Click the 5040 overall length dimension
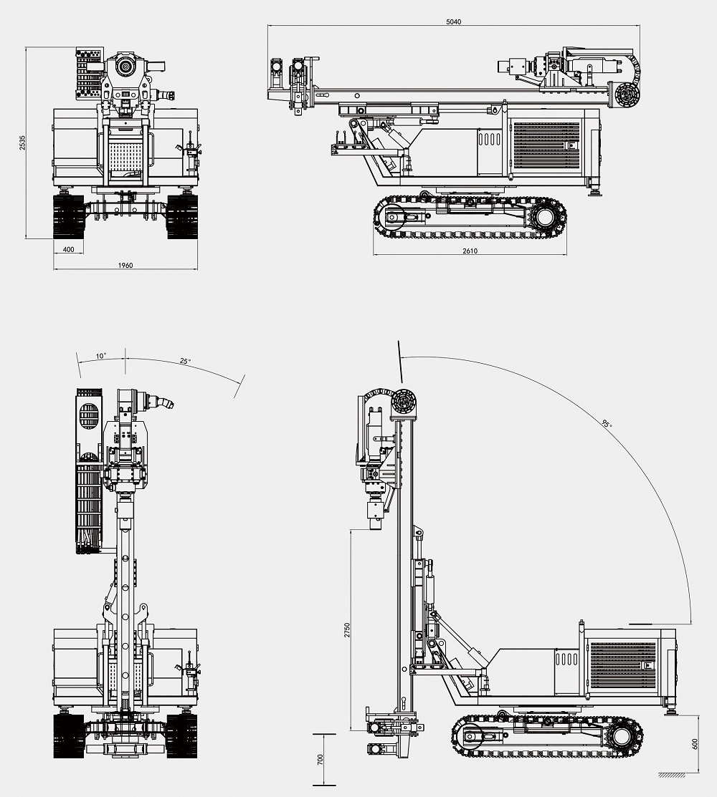(x=453, y=21)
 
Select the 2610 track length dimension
(x=470, y=251)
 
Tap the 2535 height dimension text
(x=22, y=143)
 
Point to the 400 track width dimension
(x=69, y=249)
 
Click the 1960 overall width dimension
(x=125, y=266)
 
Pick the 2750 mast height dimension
(x=347, y=630)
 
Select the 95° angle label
(x=607, y=425)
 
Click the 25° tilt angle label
(x=185, y=362)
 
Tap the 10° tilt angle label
(x=101, y=355)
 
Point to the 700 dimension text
(x=320, y=759)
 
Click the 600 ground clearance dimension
(x=695, y=743)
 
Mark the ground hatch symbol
(x=671, y=775)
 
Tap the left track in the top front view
(x=69, y=216)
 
